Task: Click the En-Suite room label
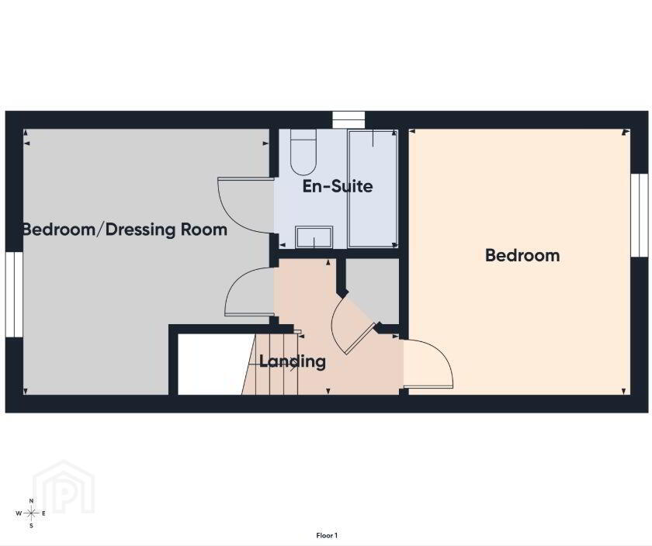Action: click(337, 186)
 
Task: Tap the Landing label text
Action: click(293, 361)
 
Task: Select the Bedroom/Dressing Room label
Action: click(125, 230)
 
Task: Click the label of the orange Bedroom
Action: click(522, 255)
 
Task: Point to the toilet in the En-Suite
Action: click(303, 152)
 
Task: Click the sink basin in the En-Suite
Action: click(314, 237)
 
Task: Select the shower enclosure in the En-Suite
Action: click(373, 188)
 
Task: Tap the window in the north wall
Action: click(349, 120)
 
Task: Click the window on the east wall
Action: click(640, 216)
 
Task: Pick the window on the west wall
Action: click(14, 294)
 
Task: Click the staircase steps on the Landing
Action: click(270, 364)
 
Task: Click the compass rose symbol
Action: click(31, 513)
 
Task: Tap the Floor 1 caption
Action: click(327, 536)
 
